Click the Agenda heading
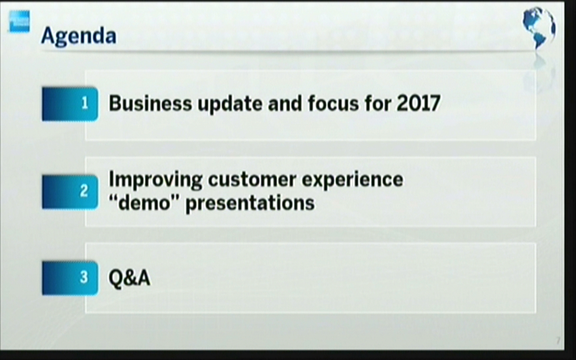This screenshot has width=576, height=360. coord(79,36)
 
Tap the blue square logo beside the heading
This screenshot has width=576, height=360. coord(20,21)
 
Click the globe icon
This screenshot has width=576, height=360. coord(538,27)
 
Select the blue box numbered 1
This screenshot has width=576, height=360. coord(70,104)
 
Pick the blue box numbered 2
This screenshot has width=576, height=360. coord(70,192)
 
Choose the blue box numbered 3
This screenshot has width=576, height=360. coord(70,278)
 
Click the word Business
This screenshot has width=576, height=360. coord(150,103)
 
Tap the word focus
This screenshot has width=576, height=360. coord(334,103)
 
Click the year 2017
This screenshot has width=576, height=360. coord(418,103)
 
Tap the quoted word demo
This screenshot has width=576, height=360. coord(144,203)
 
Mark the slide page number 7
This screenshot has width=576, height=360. coord(558,341)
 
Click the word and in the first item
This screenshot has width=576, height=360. coord(285,103)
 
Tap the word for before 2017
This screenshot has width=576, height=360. coord(378,103)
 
